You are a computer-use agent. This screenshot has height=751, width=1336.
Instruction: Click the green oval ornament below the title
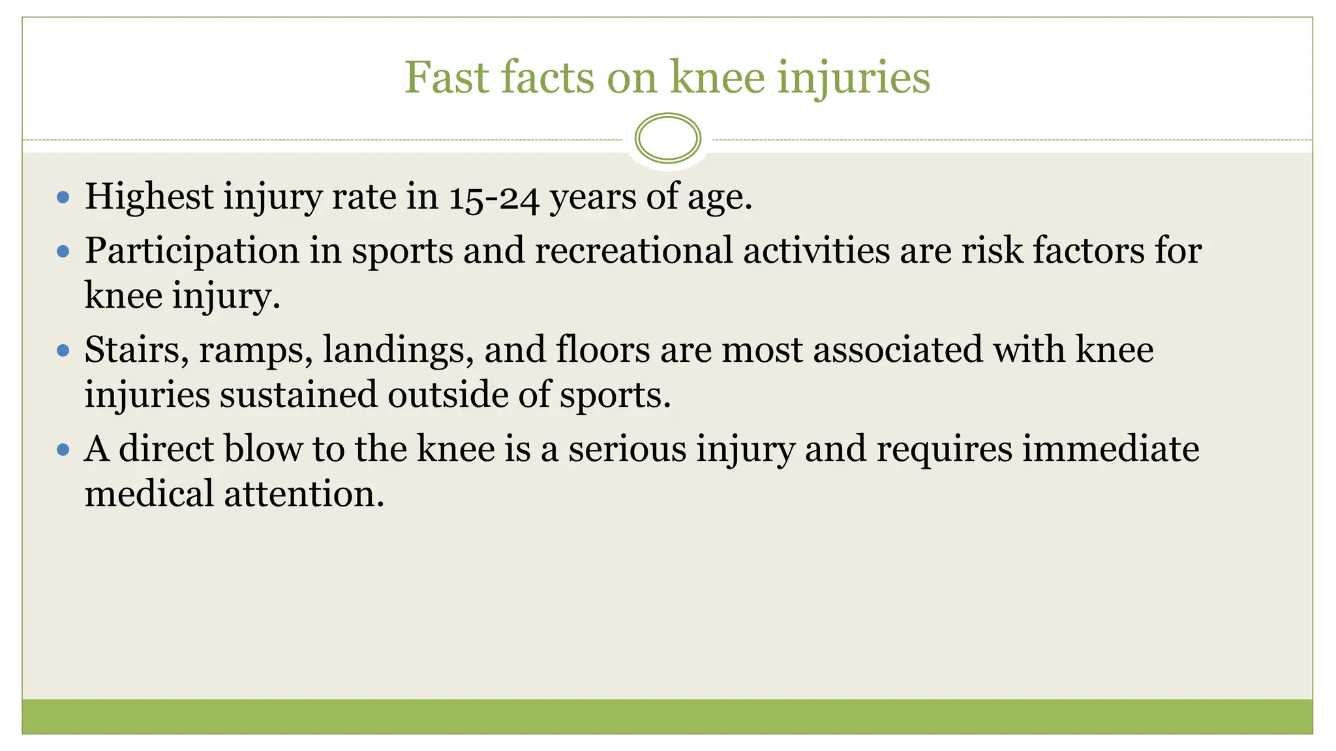coord(667,138)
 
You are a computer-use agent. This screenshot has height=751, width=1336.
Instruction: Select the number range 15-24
coord(494,197)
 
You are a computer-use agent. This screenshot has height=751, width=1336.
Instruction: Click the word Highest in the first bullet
coord(149,197)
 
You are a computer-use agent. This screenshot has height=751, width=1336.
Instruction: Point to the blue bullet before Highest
coord(63,197)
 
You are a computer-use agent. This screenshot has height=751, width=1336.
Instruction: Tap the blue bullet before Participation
coord(63,251)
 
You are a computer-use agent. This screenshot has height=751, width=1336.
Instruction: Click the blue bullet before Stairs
coord(63,351)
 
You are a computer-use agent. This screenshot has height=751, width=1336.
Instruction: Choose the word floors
coord(603,349)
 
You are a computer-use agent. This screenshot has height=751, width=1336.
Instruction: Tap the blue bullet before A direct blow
coord(63,449)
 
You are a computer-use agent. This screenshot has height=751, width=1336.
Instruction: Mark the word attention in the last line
coord(304,493)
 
